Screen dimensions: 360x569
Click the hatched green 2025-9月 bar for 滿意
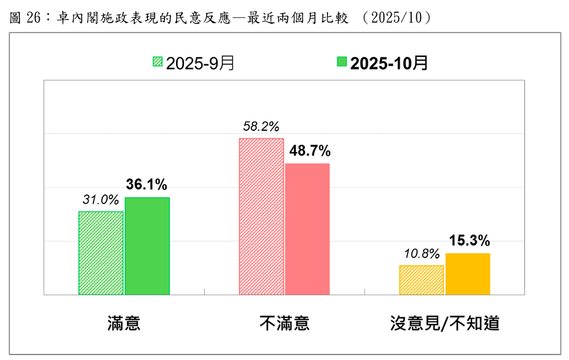coord(101,253)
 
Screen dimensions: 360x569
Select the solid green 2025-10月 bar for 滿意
coord(147,246)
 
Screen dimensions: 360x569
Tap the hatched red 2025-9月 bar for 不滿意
coord(262,216)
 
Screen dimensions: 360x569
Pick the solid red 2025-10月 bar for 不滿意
coord(307,229)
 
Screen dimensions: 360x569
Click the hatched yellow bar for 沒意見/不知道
coord(421,280)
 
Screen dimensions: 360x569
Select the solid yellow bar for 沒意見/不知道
coord(468,274)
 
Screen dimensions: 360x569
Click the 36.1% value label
coord(147,185)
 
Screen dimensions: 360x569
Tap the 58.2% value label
coord(261,127)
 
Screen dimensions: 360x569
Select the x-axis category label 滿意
coord(123,323)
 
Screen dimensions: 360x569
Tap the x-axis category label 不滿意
coord(284,323)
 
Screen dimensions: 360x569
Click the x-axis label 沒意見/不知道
coord(445,323)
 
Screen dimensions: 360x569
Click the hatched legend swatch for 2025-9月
coord(158,62)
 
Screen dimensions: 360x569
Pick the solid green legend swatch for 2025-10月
coord(342,62)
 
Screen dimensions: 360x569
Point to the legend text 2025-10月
coord(389,62)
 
